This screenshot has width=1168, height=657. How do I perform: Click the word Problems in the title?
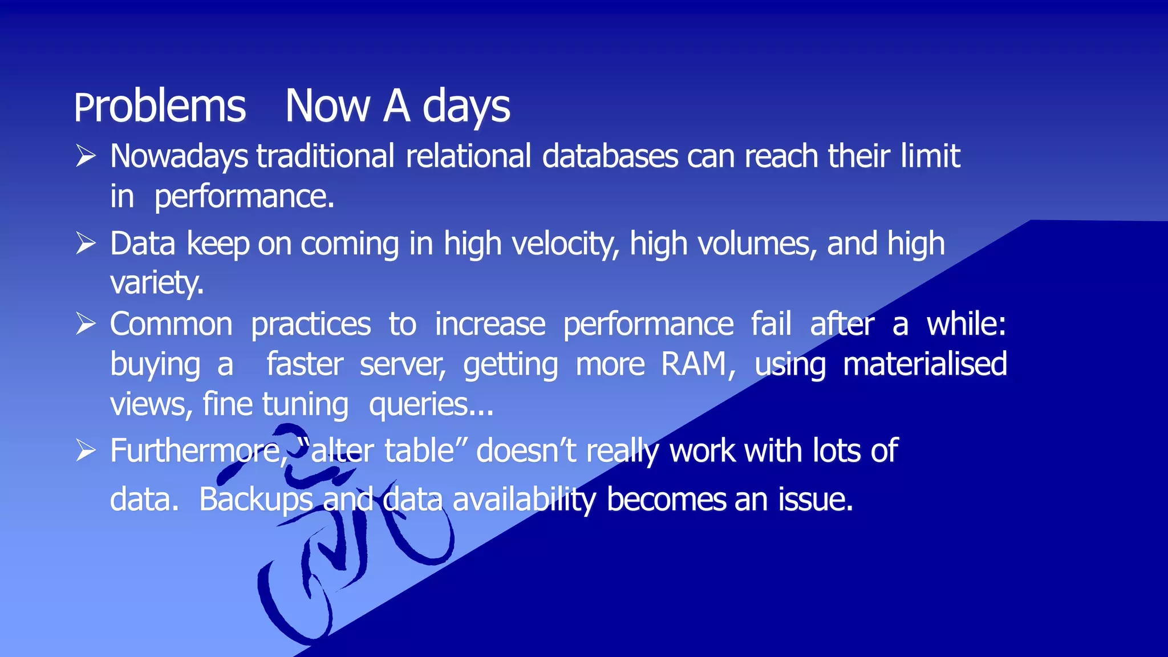click(160, 107)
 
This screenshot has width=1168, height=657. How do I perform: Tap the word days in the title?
click(466, 107)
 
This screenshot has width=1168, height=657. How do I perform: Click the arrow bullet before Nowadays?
click(86, 156)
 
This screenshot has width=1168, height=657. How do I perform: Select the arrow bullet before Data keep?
click(86, 244)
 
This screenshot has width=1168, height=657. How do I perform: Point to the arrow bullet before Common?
click(86, 324)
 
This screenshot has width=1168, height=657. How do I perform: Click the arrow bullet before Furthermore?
click(86, 451)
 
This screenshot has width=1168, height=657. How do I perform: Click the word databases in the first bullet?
click(610, 156)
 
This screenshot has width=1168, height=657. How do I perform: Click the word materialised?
click(924, 364)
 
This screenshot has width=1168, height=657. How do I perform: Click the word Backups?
click(255, 500)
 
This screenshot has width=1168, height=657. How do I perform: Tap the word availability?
click(524, 500)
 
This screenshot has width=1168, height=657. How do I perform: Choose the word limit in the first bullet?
click(930, 156)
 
